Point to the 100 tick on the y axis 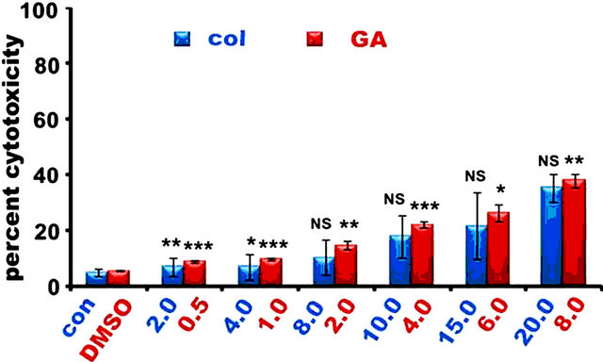pos(59,11)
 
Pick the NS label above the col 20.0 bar pos(549,161)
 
